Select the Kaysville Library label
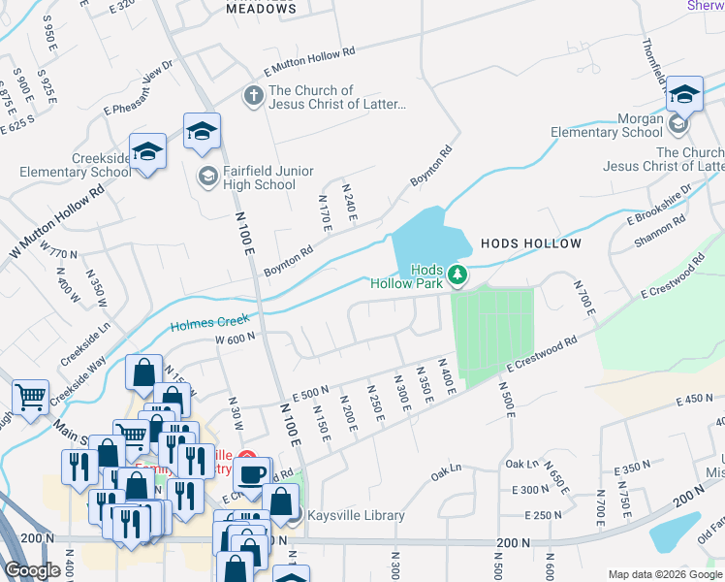[355, 515]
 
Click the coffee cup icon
[253, 475]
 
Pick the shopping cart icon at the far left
[30, 397]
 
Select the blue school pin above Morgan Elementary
[684, 94]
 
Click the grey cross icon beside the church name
[253, 96]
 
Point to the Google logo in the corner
[32, 570]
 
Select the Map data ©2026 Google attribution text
[665, 574]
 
